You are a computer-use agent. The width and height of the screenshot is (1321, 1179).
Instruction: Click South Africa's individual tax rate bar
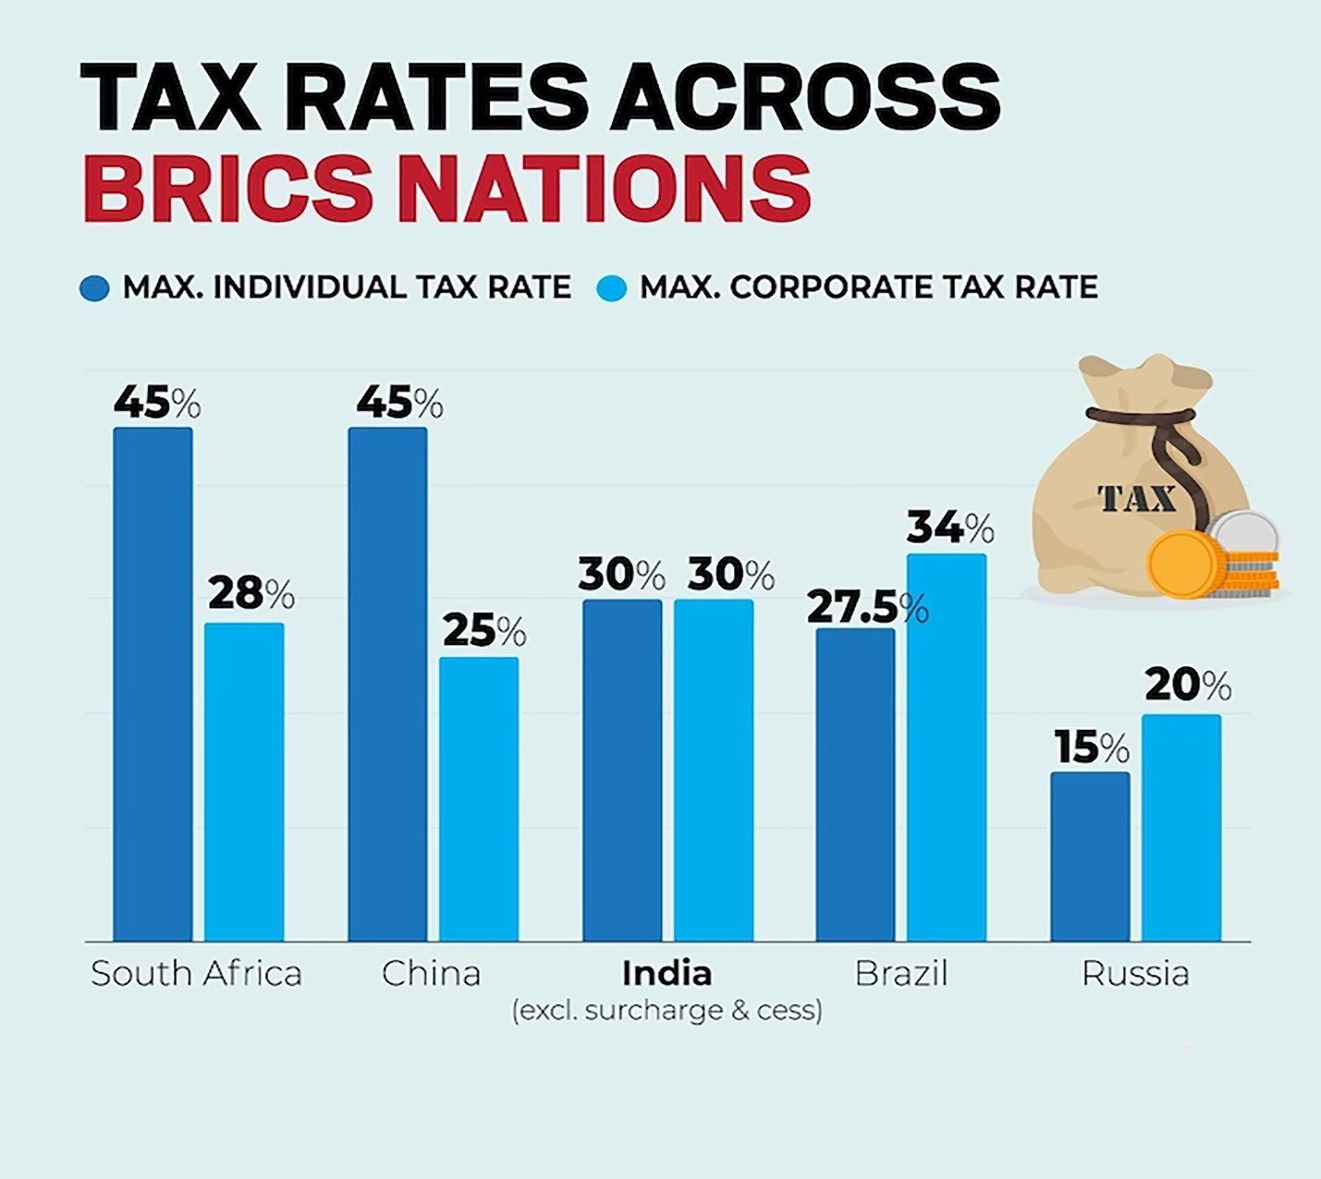(153, 684)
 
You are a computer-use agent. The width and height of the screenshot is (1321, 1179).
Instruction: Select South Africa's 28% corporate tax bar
(244, 782)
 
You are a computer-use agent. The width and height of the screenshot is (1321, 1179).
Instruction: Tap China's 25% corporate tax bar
(479, 798)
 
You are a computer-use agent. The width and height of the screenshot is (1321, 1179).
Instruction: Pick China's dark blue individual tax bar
(387, 684)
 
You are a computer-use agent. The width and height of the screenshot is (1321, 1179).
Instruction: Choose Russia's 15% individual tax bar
(1090, 856)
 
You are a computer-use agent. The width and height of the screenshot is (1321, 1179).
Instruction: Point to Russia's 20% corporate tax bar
(1181, 827)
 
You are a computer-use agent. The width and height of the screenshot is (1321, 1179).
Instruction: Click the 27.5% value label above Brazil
(866, 608)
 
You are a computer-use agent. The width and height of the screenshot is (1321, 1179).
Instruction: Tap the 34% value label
(949, 528)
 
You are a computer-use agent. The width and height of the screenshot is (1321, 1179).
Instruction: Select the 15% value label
(1091, 748)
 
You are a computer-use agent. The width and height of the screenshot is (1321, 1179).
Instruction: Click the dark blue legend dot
(94, 288)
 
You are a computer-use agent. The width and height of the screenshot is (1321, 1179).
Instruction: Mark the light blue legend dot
(611, 288)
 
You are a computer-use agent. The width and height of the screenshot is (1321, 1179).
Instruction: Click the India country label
(667, 973)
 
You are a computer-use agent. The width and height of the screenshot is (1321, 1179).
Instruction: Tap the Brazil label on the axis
(901, 973)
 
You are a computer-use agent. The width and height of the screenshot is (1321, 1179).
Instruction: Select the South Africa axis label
(196, 973)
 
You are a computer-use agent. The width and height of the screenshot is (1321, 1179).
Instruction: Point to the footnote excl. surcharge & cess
(667, 1010)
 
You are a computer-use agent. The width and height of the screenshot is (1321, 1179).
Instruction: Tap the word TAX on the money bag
(1137, 499)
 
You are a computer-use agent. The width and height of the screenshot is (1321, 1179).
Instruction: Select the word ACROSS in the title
(804, 97)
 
